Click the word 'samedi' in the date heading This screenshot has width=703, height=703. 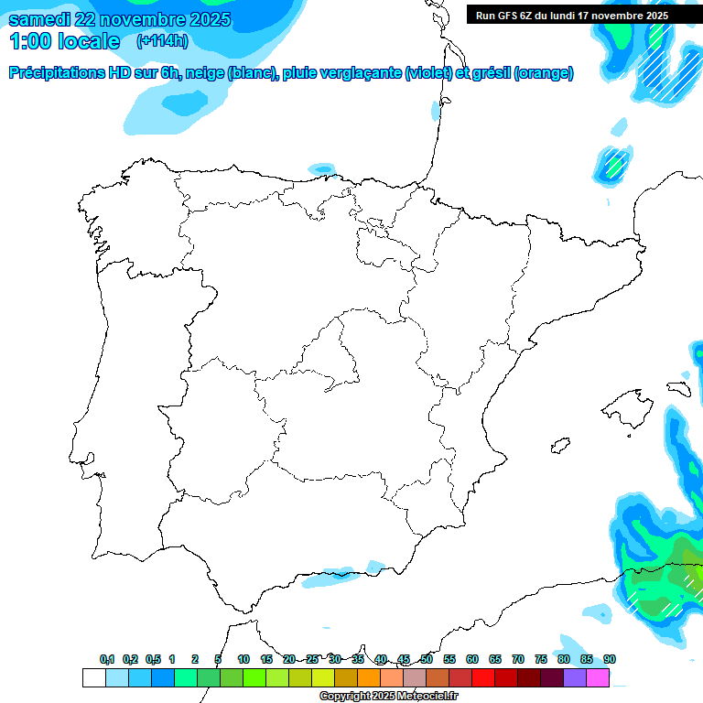39,19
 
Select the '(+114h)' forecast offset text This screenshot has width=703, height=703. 161,40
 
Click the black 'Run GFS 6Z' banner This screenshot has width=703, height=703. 572,16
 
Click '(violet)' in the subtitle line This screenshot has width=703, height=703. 428,73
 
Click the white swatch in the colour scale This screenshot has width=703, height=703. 93,677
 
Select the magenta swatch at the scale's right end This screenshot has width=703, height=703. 598,677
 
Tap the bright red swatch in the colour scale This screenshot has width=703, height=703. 483,677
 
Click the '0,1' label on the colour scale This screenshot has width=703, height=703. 107,659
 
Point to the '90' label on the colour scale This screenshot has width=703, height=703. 610,659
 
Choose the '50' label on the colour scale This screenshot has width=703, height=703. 427,659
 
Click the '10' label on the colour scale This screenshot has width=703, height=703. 243,659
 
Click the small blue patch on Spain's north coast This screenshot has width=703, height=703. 322,168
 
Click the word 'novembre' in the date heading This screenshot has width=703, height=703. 146,19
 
